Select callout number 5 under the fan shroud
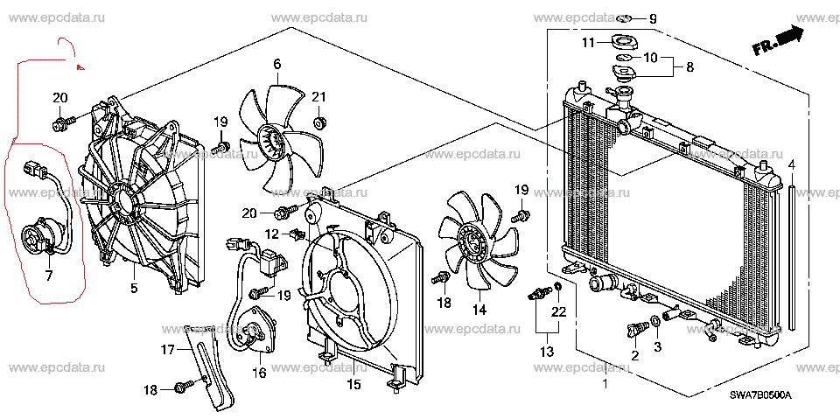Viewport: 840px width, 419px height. (x=134, y=288)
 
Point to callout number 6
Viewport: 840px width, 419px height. (x=276, y=63)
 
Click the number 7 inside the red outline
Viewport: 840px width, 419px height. (x=49, y=276)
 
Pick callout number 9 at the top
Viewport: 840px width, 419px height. (x=652, y=18)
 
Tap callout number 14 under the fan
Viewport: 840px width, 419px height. (x=479, y=310)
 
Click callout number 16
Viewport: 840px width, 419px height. (x=259, y=373)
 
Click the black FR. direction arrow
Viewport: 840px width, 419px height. (x=789, y=37)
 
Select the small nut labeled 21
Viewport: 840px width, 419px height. (x=320, y=120)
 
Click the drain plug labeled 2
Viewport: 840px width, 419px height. (x=634, y=330)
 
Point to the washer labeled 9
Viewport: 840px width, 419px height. (x=625, y=18)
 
